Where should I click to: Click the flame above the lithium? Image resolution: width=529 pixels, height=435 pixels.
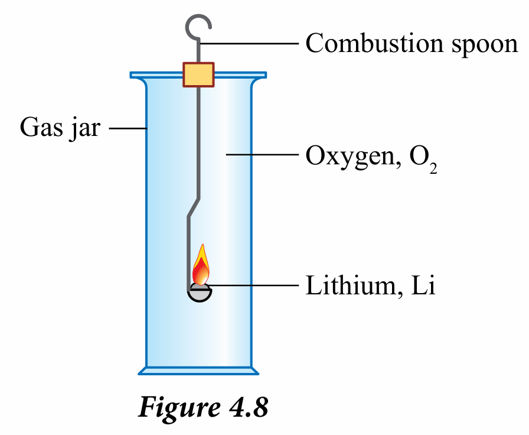click(201, 267)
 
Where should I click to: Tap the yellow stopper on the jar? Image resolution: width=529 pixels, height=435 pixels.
click(198, 74)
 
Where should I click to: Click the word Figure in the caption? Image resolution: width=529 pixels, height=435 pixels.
click(177, 408)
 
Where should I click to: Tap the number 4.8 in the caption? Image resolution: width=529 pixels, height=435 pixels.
click(247, 408)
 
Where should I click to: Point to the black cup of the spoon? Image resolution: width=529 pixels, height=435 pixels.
click(200, 294)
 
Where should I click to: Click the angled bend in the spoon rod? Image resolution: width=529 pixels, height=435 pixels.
click(193, 209)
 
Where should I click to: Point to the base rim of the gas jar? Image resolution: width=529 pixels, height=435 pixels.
click(198, 371)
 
